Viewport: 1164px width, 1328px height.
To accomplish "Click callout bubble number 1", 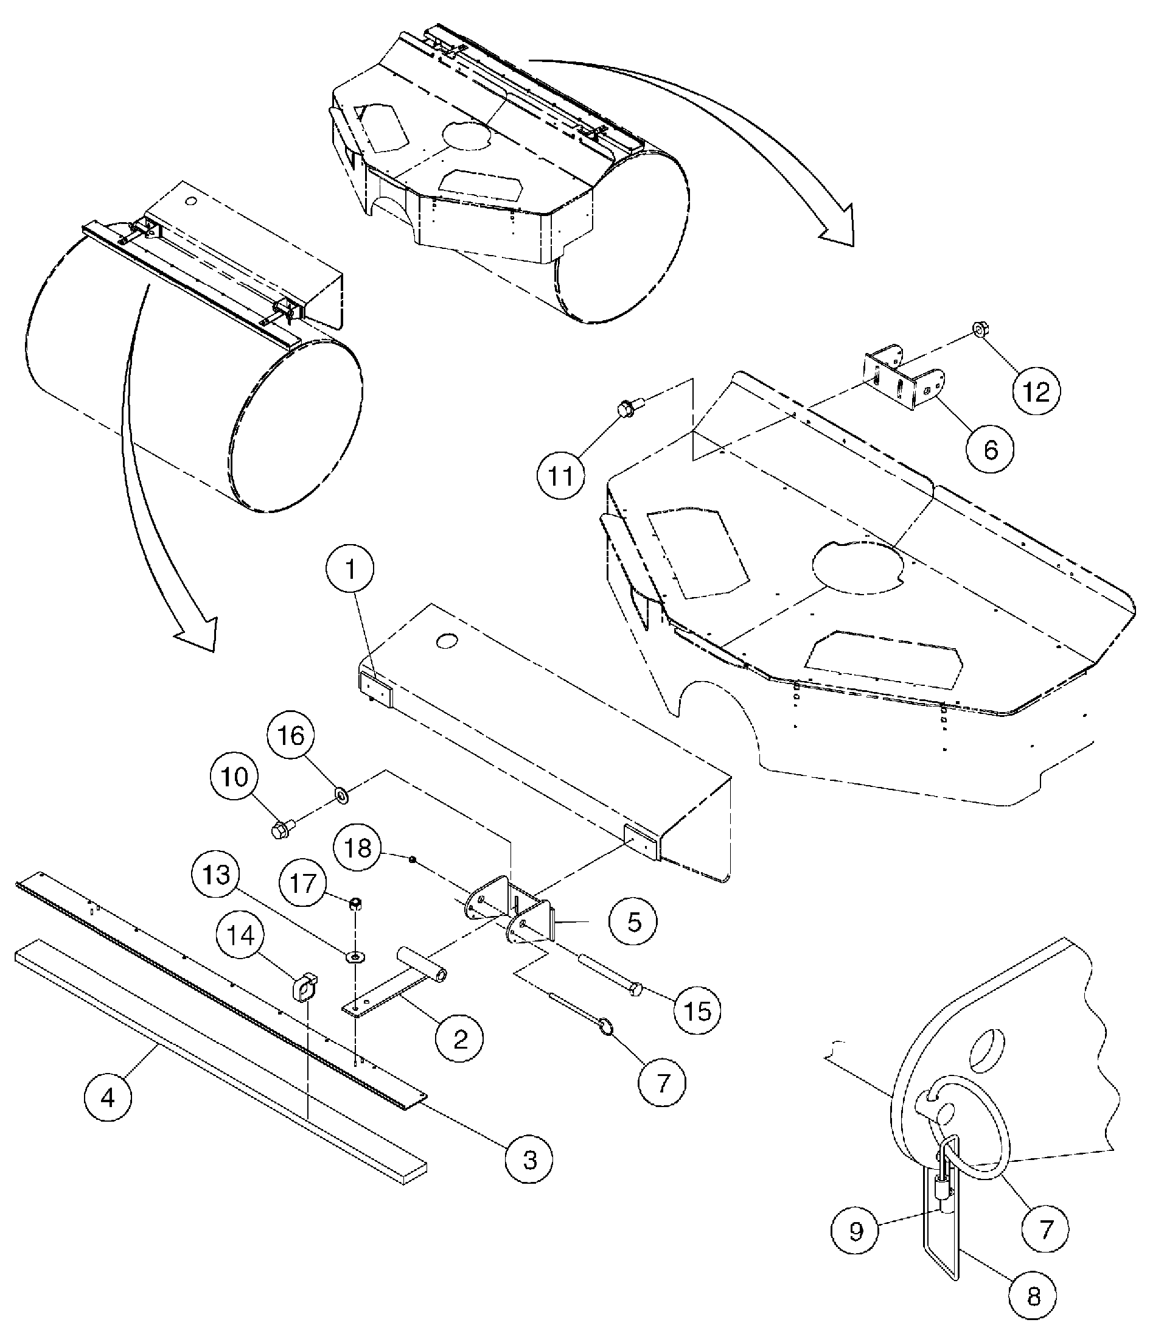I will [x=350, y=570].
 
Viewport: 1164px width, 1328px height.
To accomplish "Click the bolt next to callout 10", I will [x=281, y=828].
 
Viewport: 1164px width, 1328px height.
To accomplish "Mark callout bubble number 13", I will [x=215, y=875].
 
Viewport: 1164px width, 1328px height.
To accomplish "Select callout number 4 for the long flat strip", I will [x=108, y=1097].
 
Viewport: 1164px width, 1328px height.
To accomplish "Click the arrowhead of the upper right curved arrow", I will [x=838, y=234].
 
